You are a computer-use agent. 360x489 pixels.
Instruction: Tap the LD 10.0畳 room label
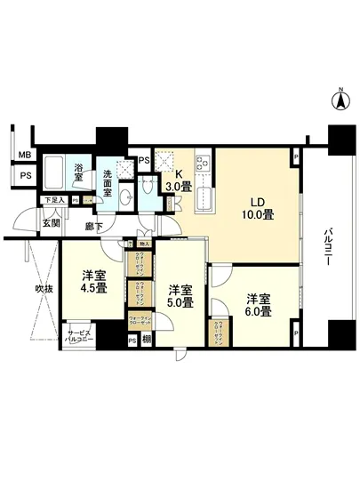click(255, 207)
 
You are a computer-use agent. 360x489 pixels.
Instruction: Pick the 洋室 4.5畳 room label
click(90, 281)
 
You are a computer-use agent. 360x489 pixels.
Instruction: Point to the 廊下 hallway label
click(94, 228)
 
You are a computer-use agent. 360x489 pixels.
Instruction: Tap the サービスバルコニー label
click(78, 339)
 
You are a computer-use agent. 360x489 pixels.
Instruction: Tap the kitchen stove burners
click(201, 164)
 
